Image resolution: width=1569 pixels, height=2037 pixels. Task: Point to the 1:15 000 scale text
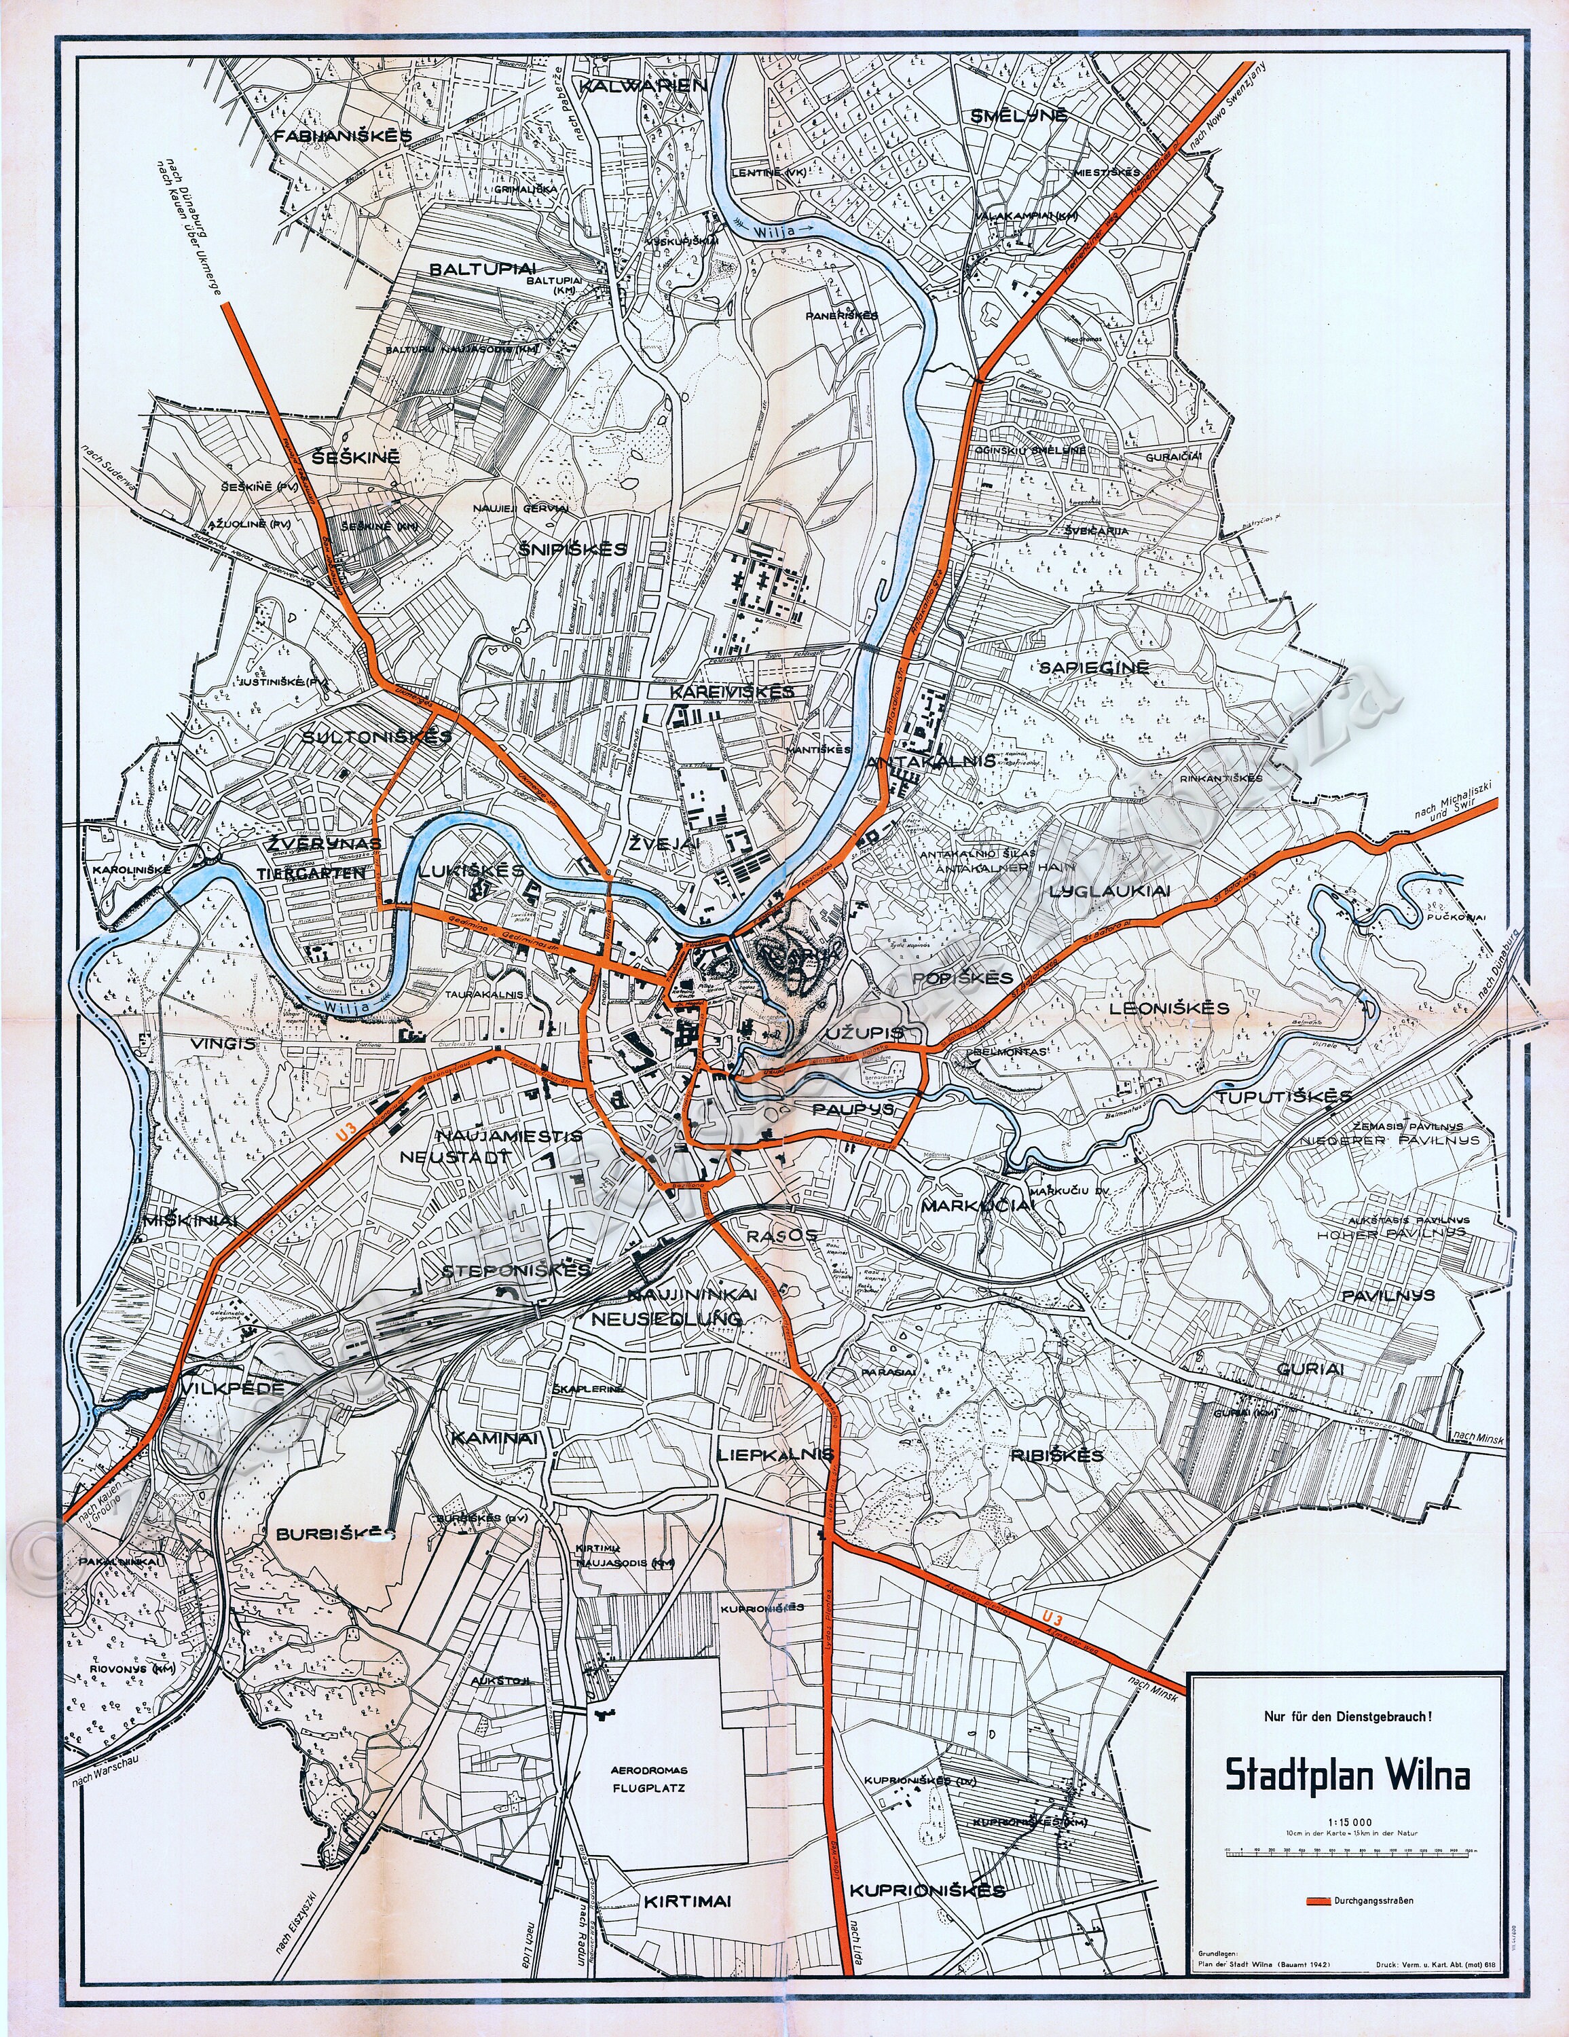tap(1347, 1820)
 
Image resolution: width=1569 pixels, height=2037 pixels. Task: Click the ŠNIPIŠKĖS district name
tap(572, 549)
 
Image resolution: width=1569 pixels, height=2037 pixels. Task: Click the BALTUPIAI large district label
tap(474, 270)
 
